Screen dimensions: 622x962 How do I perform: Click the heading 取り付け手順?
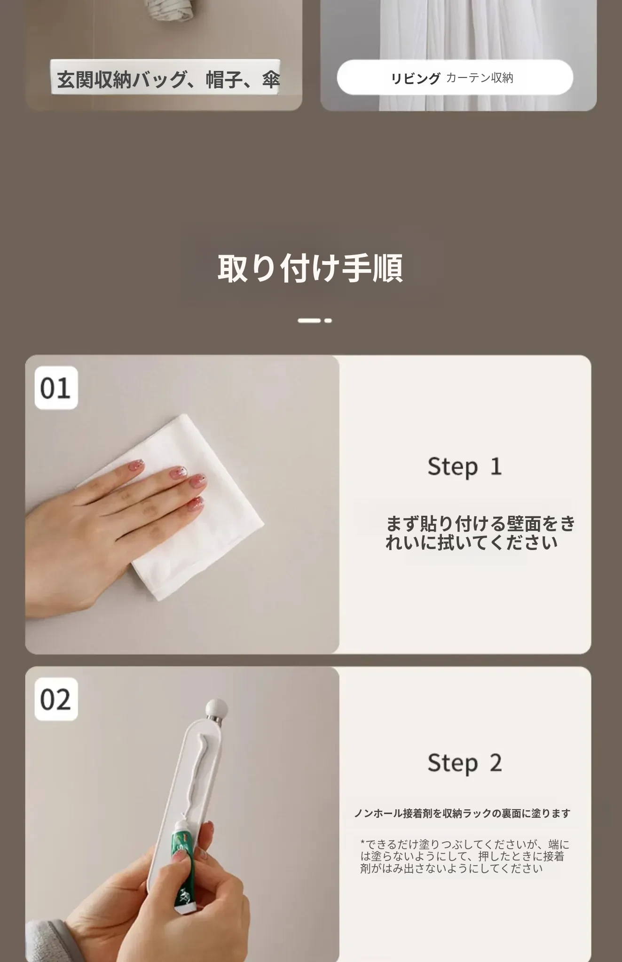(310, 268)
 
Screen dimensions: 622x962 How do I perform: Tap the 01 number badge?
(56, 388)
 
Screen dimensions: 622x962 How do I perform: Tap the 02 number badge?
(56, 699)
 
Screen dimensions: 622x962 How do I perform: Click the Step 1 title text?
(465, 467)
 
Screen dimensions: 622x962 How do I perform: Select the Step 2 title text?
(465, 763)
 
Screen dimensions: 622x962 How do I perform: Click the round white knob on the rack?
(217, 707)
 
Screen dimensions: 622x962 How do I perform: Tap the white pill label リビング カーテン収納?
(455, 78)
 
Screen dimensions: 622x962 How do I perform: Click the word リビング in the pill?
(416, 78)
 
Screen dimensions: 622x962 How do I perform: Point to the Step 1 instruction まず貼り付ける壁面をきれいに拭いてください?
(480, 533)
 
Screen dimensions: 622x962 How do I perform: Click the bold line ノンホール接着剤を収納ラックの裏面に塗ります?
(462, 813)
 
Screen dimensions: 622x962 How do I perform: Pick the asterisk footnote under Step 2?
(465, 856)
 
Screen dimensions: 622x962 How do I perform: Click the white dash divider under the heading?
(315, 320)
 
